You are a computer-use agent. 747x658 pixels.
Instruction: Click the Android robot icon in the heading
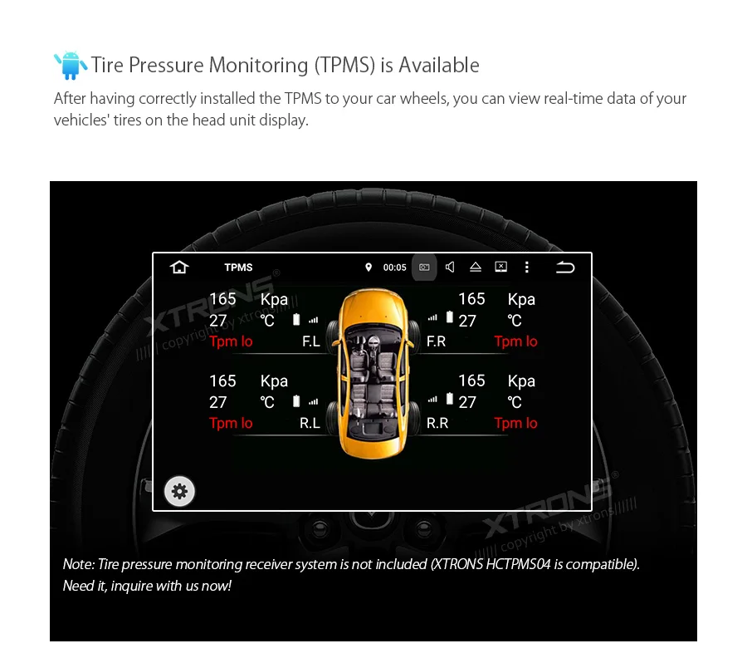coord(70,66)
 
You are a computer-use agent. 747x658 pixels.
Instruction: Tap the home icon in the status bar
coord(179,267)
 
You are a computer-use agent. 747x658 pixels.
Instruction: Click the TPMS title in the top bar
coord(238,268)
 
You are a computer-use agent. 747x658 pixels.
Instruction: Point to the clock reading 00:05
coord(394,268)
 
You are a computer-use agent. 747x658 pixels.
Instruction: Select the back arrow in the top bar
coord(565,267)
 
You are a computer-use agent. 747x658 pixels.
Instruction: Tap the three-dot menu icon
coord(526,267)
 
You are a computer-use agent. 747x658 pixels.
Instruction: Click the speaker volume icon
coord(450,267)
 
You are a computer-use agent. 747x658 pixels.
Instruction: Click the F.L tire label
coord(310,341)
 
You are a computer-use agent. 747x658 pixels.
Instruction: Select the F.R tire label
coord(437,341)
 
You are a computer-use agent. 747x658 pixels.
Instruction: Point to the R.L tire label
coord(310,423)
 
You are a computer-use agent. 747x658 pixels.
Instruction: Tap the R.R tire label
coord(437,423)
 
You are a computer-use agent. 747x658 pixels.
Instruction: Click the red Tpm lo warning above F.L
coord(231,341)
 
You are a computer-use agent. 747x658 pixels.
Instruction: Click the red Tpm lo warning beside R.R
coord(515,423)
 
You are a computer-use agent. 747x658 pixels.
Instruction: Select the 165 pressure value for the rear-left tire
coord(222,381)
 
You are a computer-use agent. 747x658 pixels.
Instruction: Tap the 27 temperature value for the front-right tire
coord(467,321)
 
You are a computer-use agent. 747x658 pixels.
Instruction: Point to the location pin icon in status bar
coord(369,268)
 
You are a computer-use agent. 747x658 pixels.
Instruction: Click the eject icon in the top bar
coord(476,267)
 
